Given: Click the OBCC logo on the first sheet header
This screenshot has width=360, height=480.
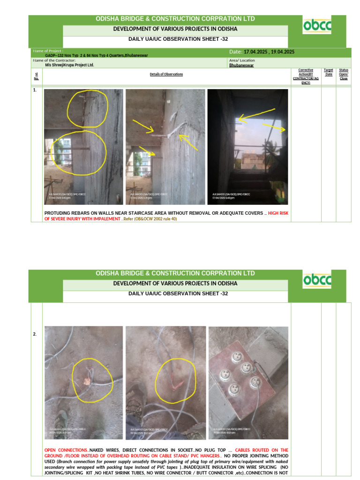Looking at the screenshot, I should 317,26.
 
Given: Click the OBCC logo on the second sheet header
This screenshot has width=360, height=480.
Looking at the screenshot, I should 317,280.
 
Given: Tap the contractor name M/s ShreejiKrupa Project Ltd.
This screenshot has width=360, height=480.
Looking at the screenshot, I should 69,65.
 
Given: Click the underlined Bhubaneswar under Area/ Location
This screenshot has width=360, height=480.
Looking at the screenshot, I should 242,66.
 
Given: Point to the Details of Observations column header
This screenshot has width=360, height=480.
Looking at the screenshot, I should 166,74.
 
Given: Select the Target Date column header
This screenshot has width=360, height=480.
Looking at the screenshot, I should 329,72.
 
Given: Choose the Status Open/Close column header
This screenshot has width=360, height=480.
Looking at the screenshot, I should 344,74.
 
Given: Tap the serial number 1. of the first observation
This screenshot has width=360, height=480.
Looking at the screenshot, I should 35,90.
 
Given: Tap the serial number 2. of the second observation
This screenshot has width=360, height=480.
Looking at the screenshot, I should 35,334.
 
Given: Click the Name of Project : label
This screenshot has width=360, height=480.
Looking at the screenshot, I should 48,50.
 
